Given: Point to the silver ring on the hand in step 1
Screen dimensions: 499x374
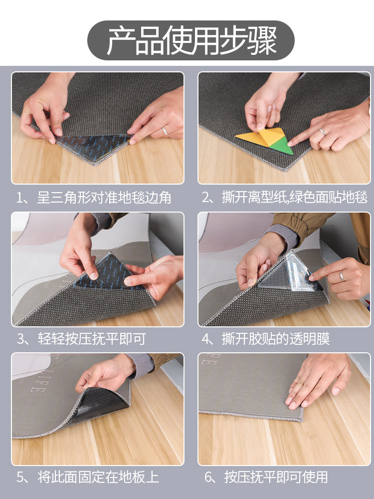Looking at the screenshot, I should click(164, 131).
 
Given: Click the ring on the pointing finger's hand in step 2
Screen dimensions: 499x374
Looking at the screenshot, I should click(323, 132).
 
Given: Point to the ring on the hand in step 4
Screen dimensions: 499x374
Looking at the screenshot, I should click(342, 275).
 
